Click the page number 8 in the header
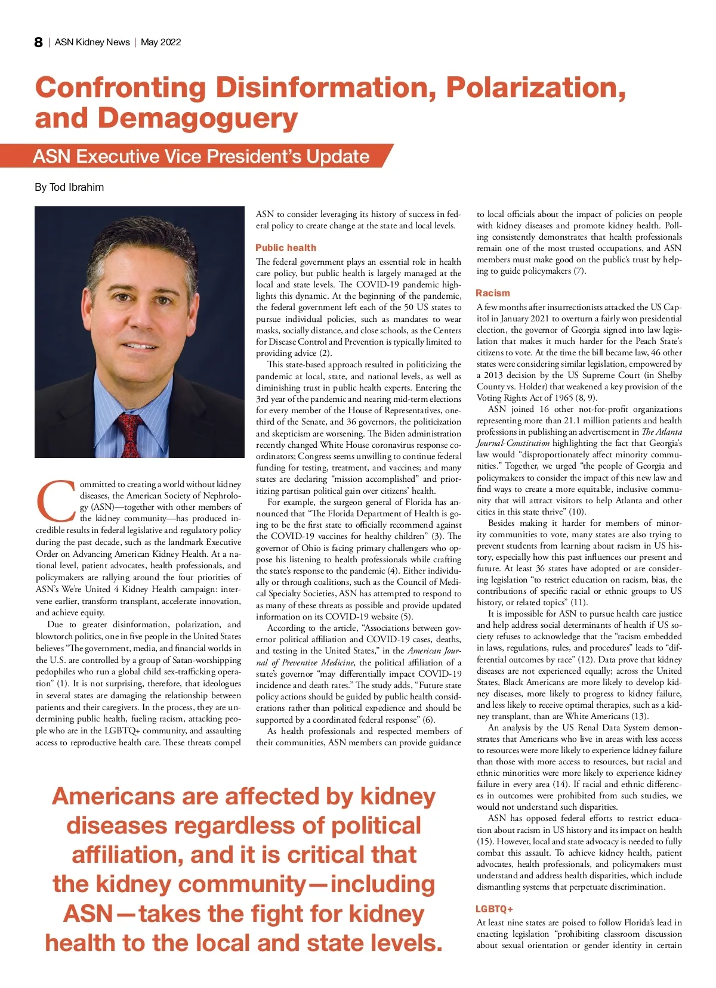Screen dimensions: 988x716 39,42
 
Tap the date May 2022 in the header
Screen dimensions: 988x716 161,42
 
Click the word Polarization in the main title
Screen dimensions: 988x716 535,88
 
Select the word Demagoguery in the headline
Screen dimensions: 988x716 197,118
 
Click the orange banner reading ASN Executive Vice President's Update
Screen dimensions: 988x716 202,156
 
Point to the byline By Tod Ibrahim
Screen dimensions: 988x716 69,187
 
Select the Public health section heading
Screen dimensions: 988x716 286,247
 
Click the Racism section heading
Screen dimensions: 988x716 493,293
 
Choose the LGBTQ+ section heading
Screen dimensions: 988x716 494,909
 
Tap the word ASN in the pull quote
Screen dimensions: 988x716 88,913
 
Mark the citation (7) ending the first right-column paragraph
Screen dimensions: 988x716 579,271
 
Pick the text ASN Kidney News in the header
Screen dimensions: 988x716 92,42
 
